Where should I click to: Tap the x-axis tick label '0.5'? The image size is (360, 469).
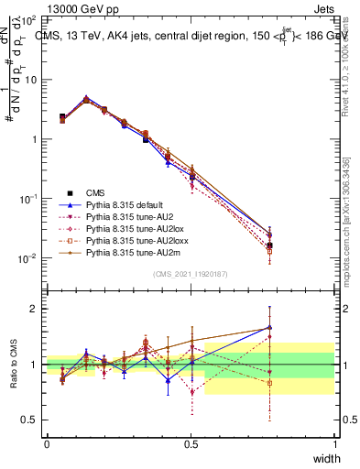[191, 443]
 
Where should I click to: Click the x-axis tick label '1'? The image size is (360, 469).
[335, 443]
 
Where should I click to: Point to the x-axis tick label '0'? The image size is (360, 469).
[47, 443]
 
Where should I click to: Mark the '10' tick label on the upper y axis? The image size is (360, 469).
[31, 80]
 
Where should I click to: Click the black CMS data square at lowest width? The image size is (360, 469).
[62, 117]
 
